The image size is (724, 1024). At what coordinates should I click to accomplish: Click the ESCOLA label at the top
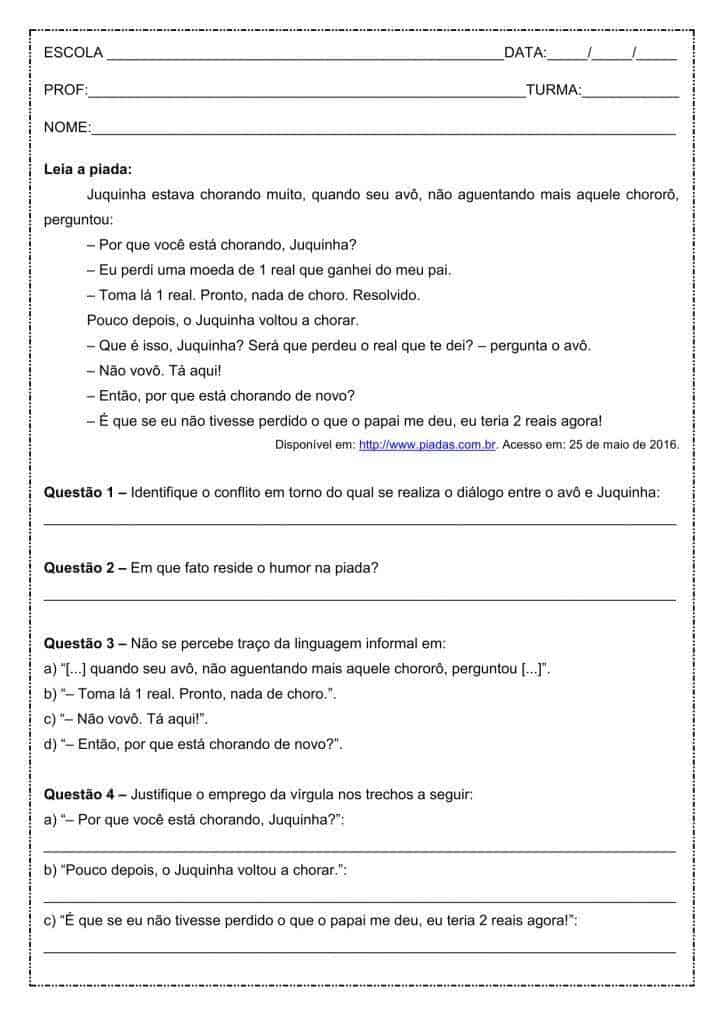pos(73,53)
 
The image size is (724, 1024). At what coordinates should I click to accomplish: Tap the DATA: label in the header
pos(525,53)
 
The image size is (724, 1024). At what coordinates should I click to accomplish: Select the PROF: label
pos(66,90)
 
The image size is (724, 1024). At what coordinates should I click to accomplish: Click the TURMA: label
pos(553,90)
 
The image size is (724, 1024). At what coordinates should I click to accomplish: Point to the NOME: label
pos(67,127)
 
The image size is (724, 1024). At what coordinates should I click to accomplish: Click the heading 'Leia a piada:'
pos(88,169)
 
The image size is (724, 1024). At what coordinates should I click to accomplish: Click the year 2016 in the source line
pos(663,445)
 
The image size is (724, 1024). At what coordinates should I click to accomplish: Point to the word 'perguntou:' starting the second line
pos(79,219)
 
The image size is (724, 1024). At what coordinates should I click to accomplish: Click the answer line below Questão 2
pos(360,598)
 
